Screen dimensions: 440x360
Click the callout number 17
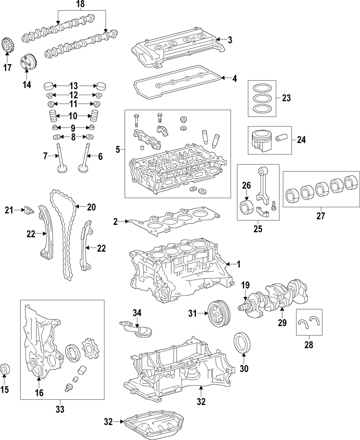[8, 67]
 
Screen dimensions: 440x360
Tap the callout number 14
[27, 85]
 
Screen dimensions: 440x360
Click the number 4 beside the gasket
[234, 78]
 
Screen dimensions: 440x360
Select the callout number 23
[286, 98]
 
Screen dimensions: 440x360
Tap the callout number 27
[320, 216]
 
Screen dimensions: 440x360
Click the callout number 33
[60, 409]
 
